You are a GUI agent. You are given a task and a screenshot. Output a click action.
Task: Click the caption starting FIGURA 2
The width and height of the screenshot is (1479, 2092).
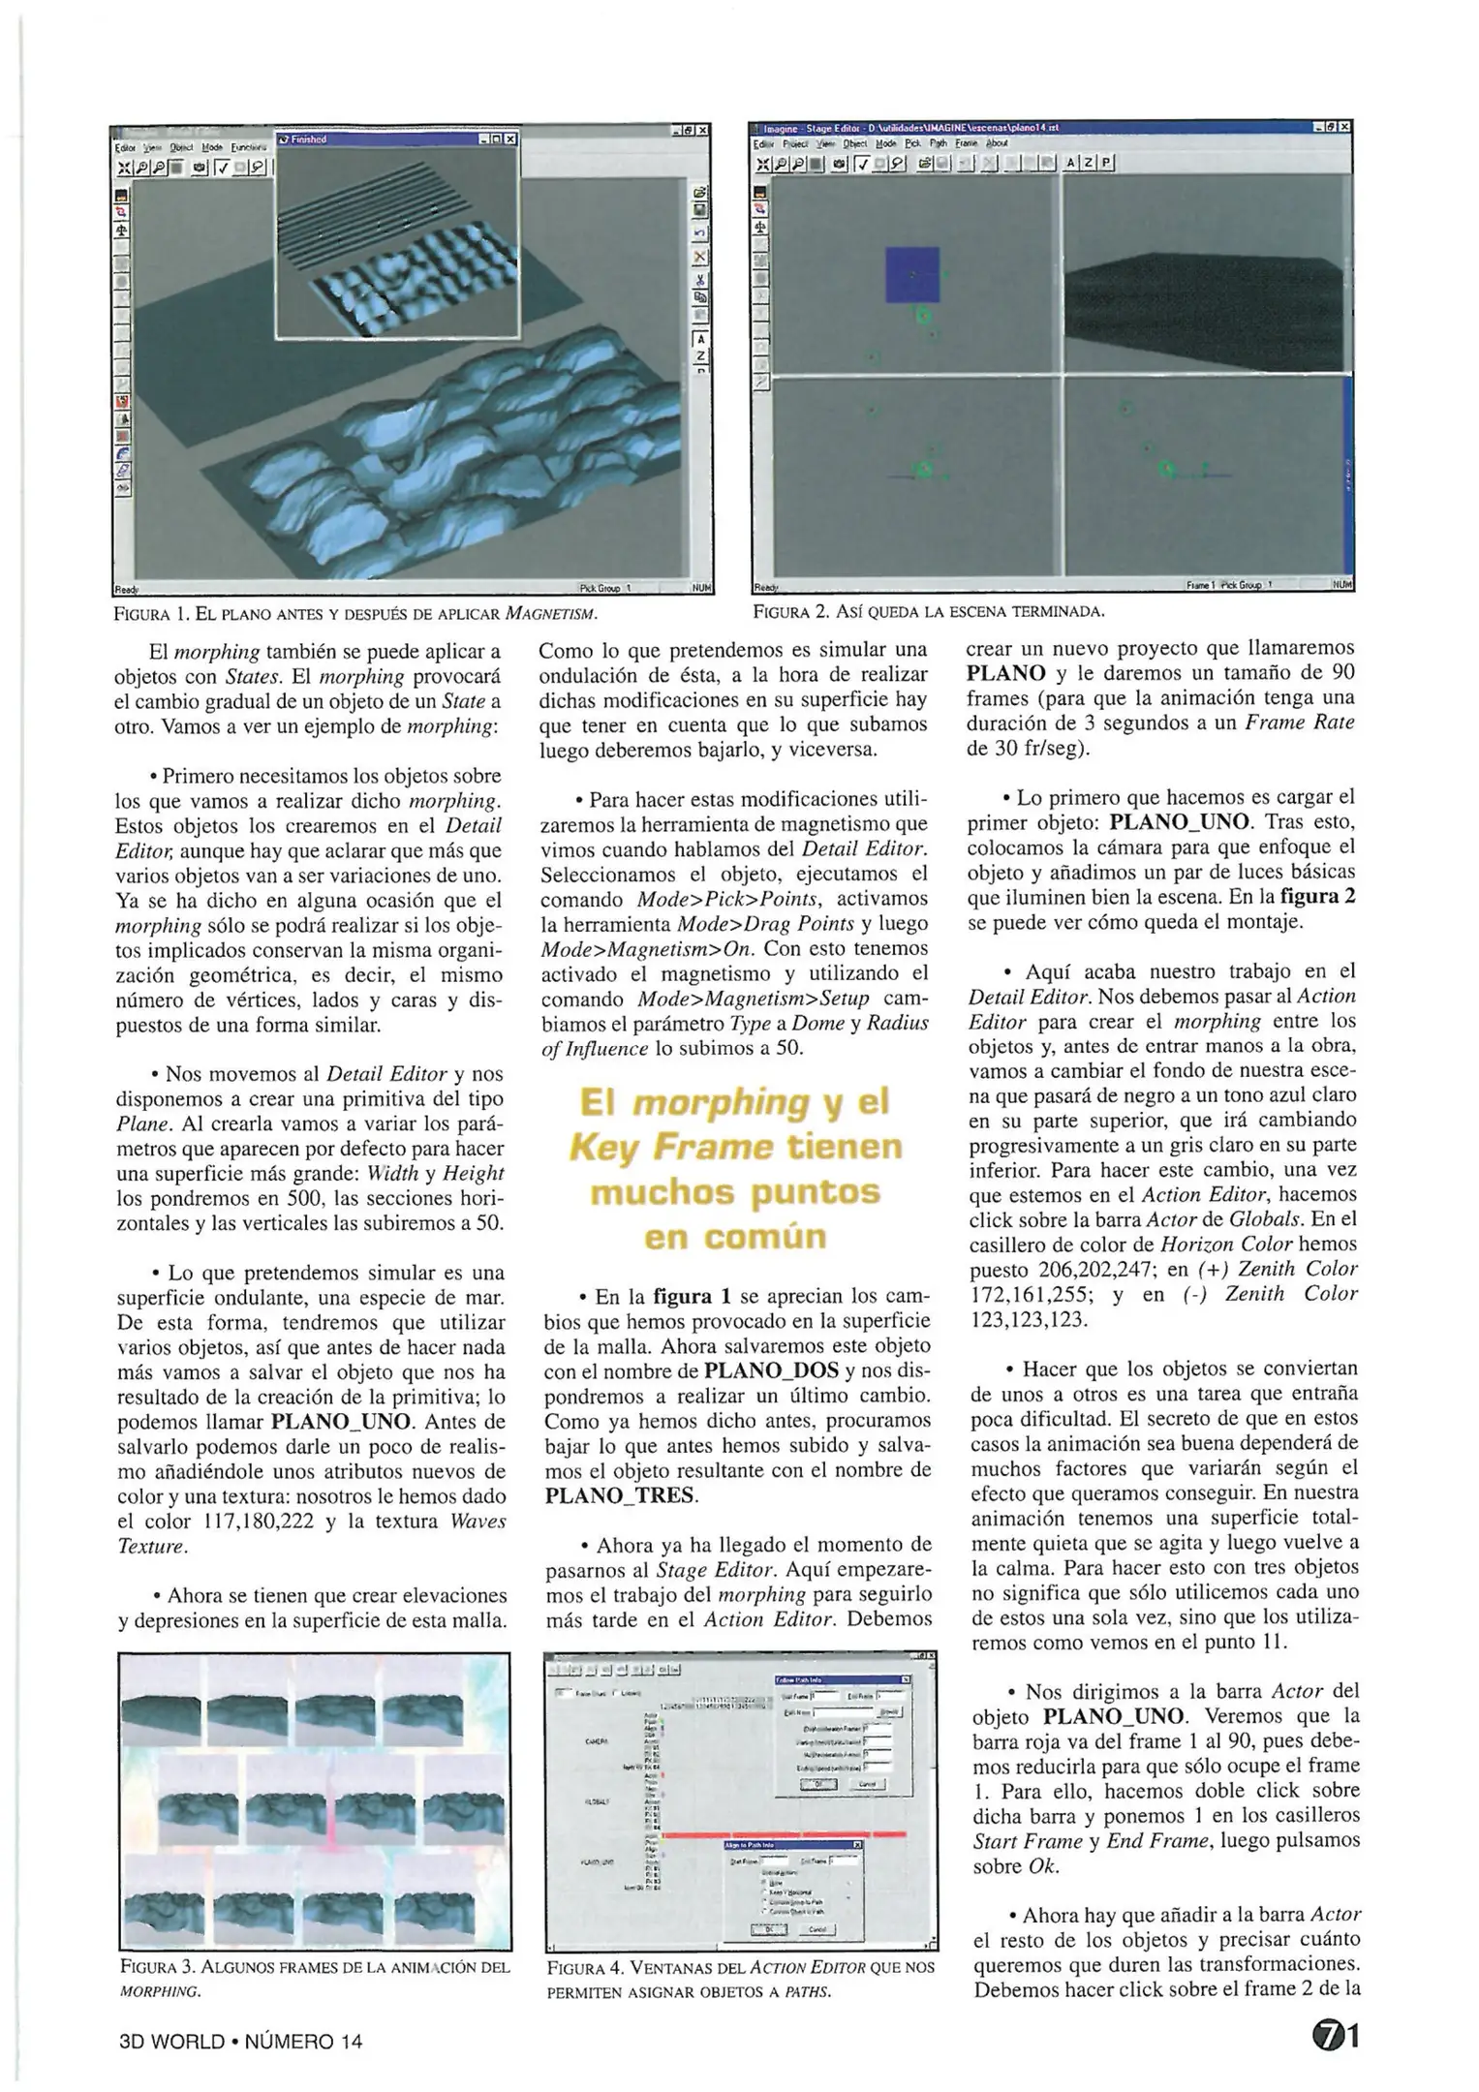(929, 611)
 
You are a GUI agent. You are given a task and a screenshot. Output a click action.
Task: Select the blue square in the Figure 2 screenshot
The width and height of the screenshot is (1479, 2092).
(911, 274)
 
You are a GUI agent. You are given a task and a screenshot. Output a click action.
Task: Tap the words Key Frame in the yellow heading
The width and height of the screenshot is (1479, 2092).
(670, 1148)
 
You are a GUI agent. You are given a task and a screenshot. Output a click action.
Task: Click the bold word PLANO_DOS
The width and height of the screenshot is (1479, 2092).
(773, 1370)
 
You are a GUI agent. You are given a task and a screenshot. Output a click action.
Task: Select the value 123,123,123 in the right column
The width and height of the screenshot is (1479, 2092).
(1029, 1319)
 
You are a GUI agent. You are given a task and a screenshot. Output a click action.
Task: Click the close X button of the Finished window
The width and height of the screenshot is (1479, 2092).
(510, 139)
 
